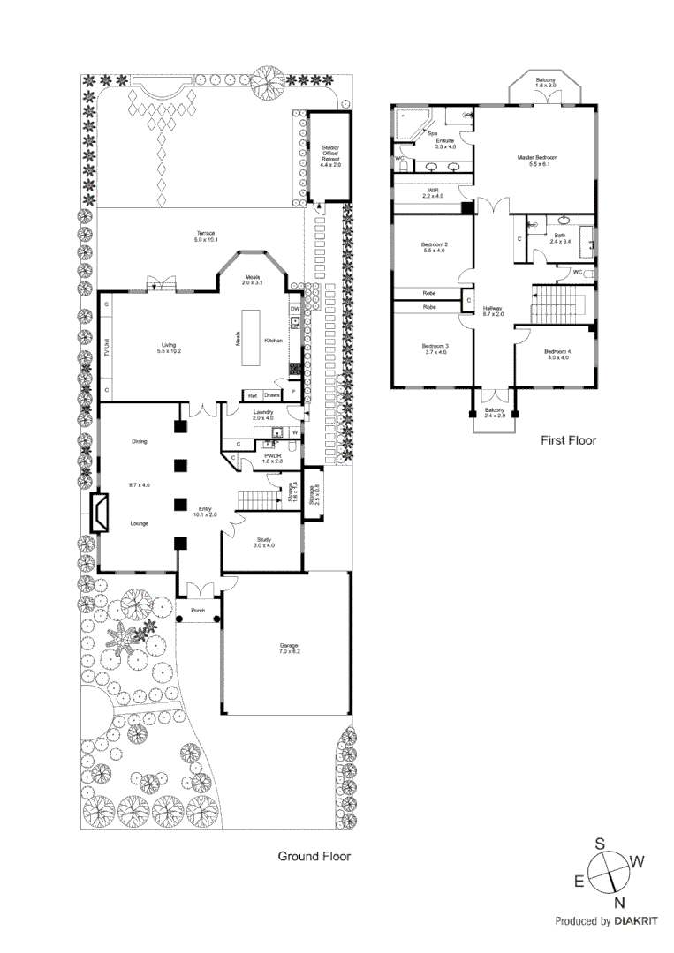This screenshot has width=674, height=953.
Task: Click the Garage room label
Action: (x=291, y=648)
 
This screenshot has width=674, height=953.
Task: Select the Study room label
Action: (x=264, y=542)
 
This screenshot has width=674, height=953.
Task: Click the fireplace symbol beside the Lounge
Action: (x=102, y=513)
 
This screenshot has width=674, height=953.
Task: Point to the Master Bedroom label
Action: (x=537, y=160)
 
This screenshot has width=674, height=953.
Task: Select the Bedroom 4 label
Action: (x=558, y=354)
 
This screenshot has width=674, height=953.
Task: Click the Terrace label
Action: (x=206, y=236)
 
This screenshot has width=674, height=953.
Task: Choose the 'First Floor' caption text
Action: (x=568, y=439)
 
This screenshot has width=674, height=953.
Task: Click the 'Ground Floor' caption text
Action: (x=314, y=856)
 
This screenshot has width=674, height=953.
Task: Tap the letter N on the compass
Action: (x=619, y=901)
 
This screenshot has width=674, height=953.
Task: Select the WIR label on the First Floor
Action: (x=434, y=194)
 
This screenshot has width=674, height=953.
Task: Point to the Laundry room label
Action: (x=262, y=416)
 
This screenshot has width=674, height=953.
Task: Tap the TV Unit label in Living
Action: (x=106, y=347)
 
